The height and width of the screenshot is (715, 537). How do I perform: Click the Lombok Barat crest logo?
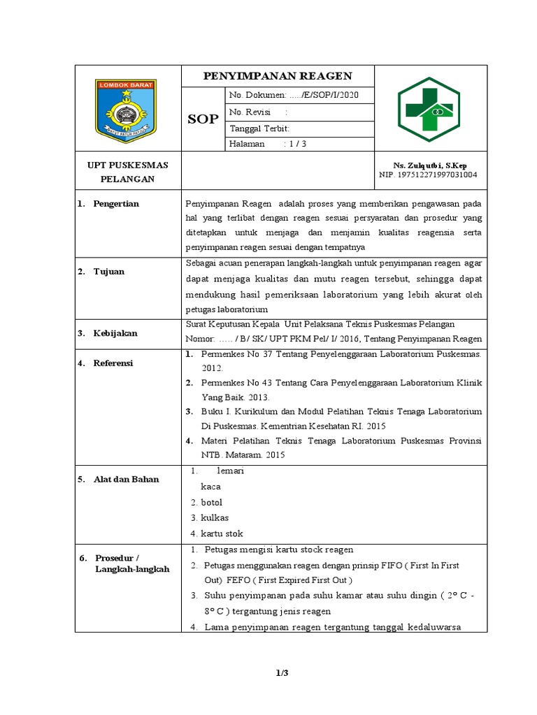[127, 110]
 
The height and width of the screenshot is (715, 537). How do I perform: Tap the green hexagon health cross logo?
[430, 110]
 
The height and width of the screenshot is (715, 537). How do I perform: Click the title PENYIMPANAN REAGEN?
[278, 76]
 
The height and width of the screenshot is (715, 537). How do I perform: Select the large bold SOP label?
[203, 119]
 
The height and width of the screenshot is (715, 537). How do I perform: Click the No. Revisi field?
[258, 112]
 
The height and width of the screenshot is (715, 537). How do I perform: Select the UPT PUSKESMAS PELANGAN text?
[127, 172]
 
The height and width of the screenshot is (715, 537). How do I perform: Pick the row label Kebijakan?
[115, 334]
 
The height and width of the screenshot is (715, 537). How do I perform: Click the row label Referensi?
[113, 363]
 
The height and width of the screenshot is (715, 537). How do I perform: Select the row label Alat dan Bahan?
[126, 479]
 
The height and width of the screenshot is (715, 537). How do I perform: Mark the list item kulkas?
[214, 518]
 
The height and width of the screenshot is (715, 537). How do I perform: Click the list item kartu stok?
[221, 533]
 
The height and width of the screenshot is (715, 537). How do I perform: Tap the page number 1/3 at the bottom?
[282, 673]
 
